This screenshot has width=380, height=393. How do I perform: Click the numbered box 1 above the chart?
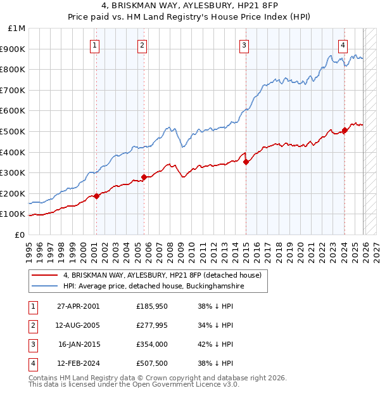tap(94, 45)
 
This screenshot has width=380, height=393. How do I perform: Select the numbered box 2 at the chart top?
tap(142, 45)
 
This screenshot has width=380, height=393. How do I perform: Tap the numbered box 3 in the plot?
tap(244, 45)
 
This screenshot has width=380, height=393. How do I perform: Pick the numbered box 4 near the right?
tap(343, 45)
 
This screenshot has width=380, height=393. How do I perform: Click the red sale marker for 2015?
tap(246, 162)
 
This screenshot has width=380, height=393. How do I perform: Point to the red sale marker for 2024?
tap(345, 131)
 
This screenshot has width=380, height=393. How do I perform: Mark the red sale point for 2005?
tap(144, 177)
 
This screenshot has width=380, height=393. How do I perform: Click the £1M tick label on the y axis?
tap(17, 29)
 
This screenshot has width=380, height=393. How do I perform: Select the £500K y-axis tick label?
tap(13, 132)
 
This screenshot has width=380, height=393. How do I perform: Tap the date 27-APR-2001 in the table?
tap(78, 306)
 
